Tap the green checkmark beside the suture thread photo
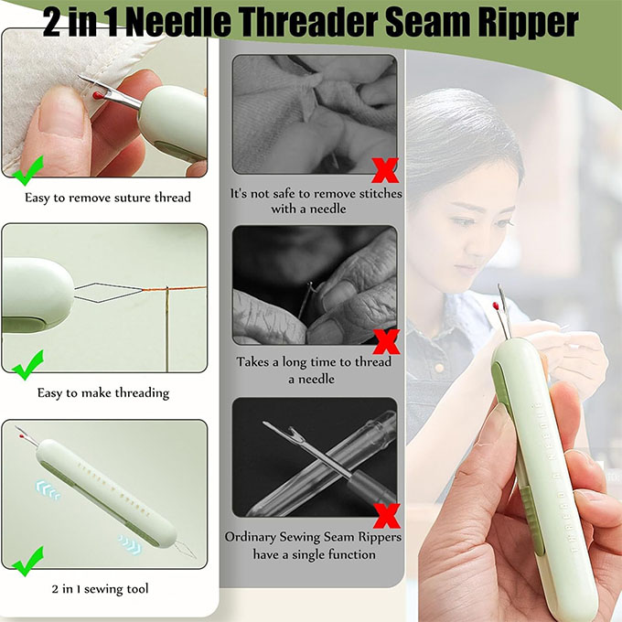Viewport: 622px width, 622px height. pyautogui.click(x=27, y=171)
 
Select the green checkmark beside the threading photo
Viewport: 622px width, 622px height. pyautogui.click(x=27, y=365)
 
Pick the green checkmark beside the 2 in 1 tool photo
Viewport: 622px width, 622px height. pyautogui.click(x=27, y=562)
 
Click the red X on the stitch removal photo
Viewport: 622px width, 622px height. pyautogui.click(x=385, y=170)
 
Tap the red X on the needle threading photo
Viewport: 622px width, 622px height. pyautogui.click(x=386, y=341)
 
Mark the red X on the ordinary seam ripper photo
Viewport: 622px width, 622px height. pyautogui.click(x=386, y=516)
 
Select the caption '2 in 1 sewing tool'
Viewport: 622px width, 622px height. pyautogui.click(x=100, y=589)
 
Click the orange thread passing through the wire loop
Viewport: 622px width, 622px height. pyautogui.click(x=175, y=288)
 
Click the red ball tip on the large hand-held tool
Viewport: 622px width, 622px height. pyautogui.click(x=496, y=306)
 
